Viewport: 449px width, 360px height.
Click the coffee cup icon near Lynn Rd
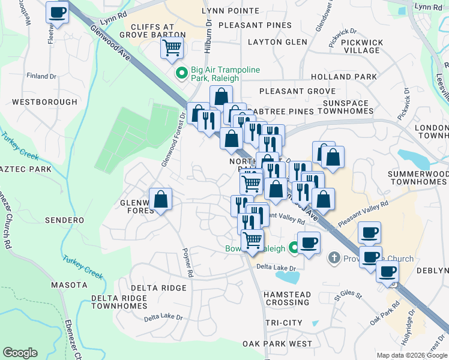click(x=58, y=12)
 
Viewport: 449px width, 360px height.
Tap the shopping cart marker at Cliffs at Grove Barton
click(x=172, y=47)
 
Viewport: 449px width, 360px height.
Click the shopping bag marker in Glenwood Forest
click(x=160, y=200)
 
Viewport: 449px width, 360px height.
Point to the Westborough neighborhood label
click(x=45, y=102)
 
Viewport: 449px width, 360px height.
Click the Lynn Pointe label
click(x=231, y=11)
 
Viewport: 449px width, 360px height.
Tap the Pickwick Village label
click(x=361, y=46)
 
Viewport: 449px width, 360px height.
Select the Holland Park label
click(x=344, y=77)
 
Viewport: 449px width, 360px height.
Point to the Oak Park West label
click(x=277, y=344)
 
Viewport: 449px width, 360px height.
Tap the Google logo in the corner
click(x=20, y=353)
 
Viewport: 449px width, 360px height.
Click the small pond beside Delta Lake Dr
click(x=288, y=277)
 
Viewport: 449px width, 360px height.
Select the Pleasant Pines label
click(x=255, y=25)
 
